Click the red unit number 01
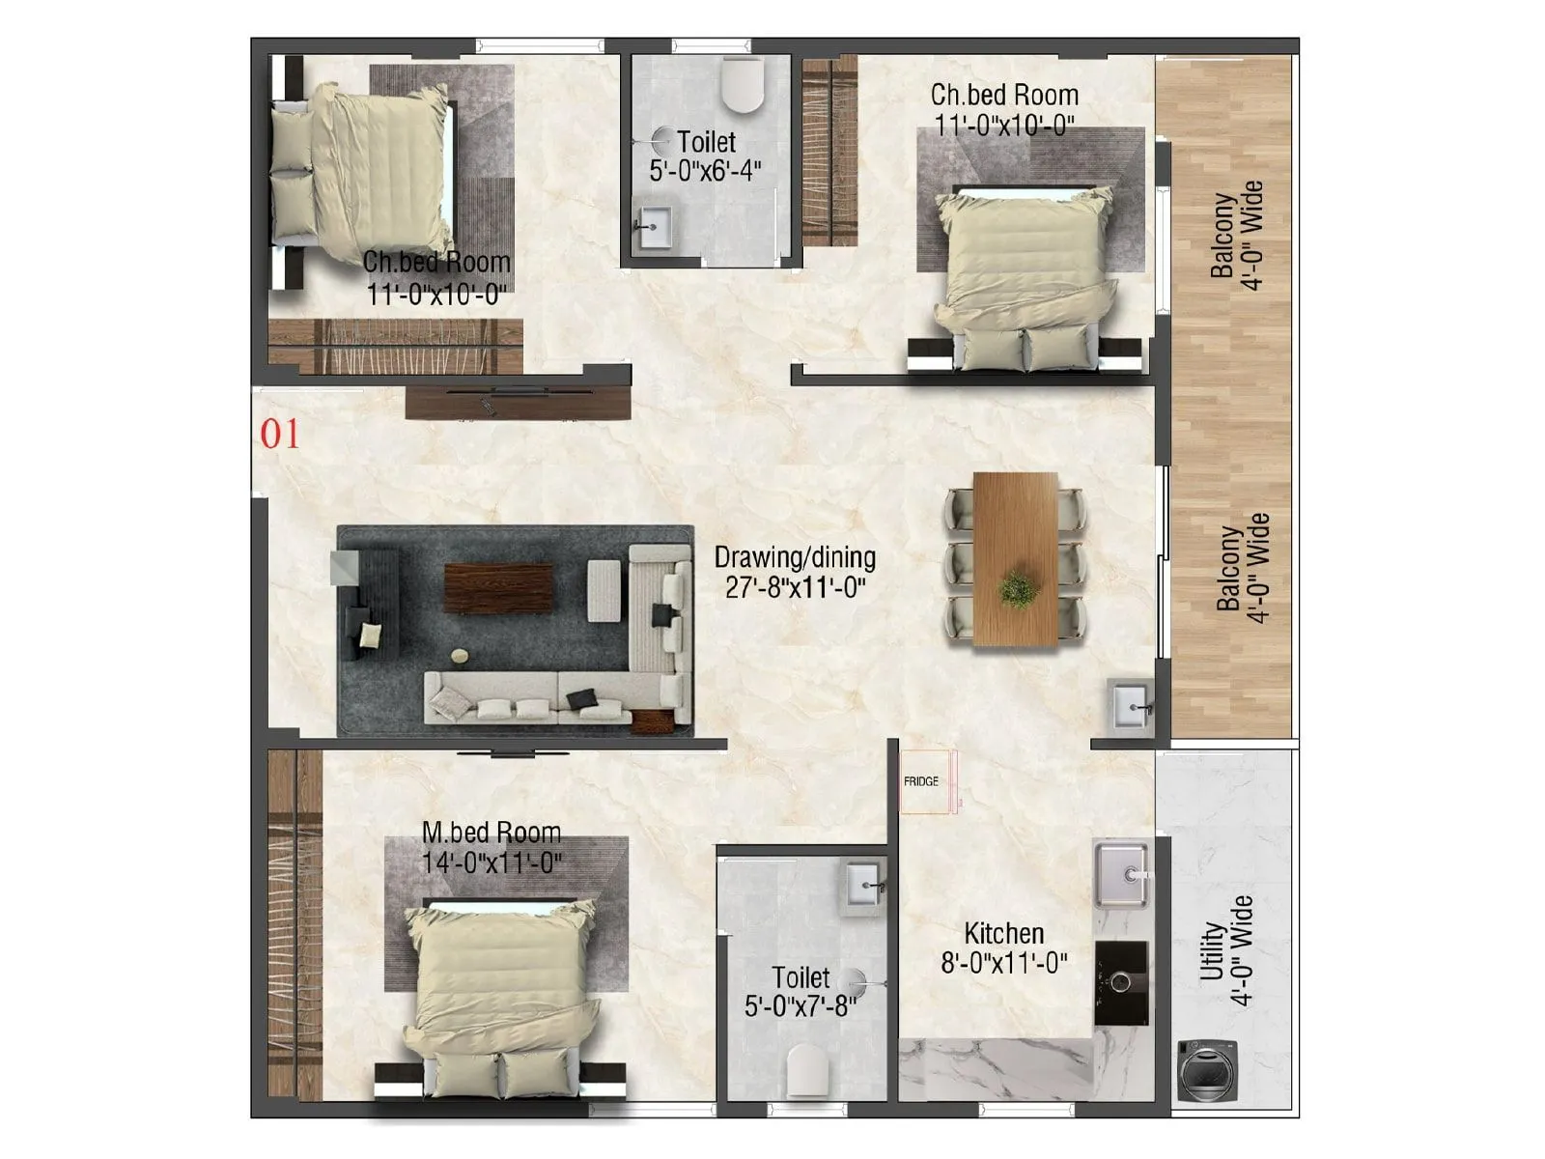[x=280, y=435]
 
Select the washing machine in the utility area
[x=1201, y=1070]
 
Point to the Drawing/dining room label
[x=795, y=557]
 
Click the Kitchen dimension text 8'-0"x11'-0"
[x=1004, y=963]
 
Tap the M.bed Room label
[x=491, y=832]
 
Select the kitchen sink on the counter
[x=1121, y=875]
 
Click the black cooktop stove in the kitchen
[x=1121, y=982]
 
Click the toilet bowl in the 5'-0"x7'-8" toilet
[x=808, y=1070]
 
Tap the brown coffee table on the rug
[x=498, y=587]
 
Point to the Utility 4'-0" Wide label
[x=1226, y=950]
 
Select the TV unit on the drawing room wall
[x=519, y=402]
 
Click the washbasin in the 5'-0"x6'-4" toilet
[x=655, y=229]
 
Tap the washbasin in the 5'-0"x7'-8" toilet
[x=863, y=884]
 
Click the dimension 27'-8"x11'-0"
[x=795, y=587]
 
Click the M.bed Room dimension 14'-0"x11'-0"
[x=492, y=862]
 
